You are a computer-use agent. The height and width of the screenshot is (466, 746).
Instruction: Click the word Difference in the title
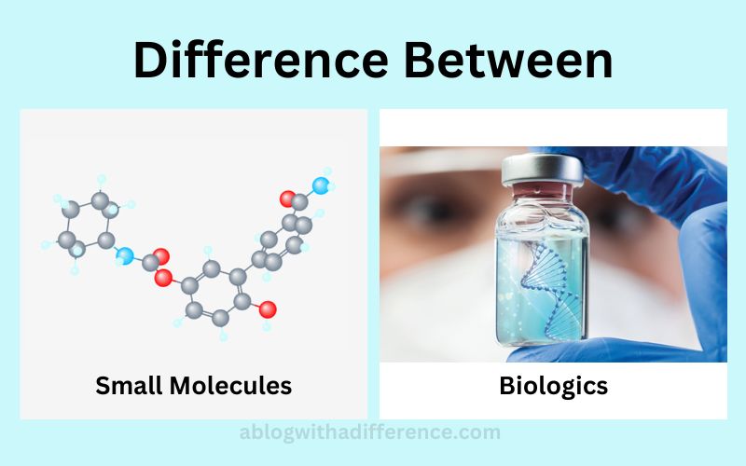261,61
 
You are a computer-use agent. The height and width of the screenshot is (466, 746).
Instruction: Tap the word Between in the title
508,61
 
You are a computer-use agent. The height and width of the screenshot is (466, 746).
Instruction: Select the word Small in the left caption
129,385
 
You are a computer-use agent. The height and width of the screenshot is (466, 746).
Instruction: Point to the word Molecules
230,385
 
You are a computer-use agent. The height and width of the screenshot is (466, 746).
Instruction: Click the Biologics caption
553,386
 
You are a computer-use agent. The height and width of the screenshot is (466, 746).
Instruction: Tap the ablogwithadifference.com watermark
369,432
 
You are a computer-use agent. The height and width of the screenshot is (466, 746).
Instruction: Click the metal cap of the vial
543,170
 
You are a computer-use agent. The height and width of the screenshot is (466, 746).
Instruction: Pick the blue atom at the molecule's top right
321,185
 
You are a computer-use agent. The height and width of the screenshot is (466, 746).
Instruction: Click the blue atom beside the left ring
125,255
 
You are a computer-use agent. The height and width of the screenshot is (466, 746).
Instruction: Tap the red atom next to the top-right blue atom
288,199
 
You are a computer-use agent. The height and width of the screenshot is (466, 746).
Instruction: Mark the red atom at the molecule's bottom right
268,309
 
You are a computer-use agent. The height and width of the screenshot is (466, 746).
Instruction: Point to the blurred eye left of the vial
431,208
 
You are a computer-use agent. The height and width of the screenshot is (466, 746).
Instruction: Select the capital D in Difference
149,61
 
